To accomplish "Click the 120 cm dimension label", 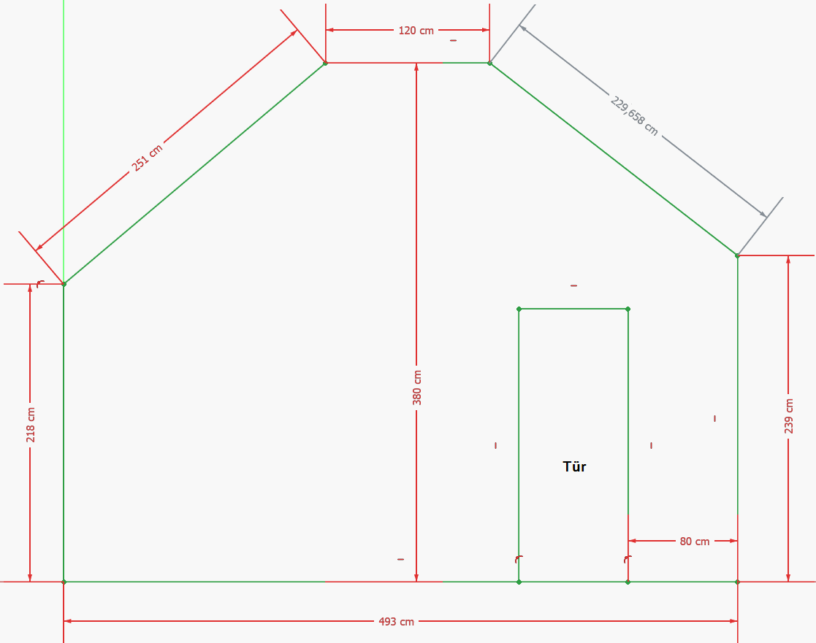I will pyautogui.click(x=416, y=31).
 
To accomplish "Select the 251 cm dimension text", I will pyautogui.click(x=147, y=158).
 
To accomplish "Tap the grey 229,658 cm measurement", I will pyautogui.click(x=634, y=116).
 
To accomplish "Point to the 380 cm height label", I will pyautogui.click(x=417, y=387).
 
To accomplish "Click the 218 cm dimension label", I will pyautogui.click(x=31, y=424).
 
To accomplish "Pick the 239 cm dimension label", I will pyautogui.click(x=789, y=416).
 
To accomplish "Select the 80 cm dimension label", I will pyautogui.click(x=695, y=542).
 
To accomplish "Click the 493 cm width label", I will pyautogui.click(x=397, y=622).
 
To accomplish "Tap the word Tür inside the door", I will pyautogui.click(x=574, y=466).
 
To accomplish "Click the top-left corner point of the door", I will pyautogui.click(x=519, y=309).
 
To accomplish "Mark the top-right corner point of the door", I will pyautogui.click(x=628, y=309).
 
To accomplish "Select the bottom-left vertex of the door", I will pyautogui.click(x=519, y=582).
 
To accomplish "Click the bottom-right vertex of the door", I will pyautogui.click(x=628, y=582).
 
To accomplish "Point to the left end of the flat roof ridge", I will pyautogui.click(x=325, y=63).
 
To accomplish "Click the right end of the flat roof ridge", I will pyautogui.click(x=489, y=63).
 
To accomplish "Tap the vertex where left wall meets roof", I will pyautogui.click(x=64, y=283).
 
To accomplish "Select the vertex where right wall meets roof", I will pyautogui.click(x=737, y=255).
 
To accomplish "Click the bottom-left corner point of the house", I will pyautogui.click(x=64, y=582).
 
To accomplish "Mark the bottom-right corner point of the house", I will pyautogui.click(x=737, y=582).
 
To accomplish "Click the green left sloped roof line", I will pyautogui.click(x=194, y=174).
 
